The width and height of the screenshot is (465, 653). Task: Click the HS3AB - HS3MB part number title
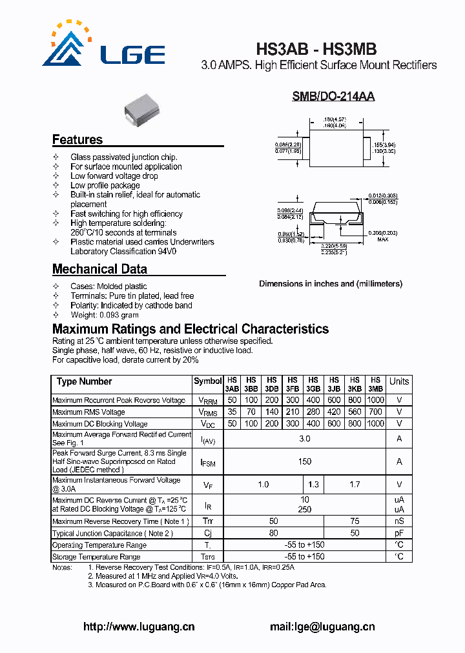(x=316, y=50)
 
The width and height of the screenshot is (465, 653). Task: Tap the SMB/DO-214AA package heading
(x=333, y=97)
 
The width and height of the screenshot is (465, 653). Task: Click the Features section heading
(x=77, y=140)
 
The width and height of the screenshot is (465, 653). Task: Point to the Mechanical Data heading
(x=99, y=269)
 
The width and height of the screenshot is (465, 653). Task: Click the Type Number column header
(x=85, y=381)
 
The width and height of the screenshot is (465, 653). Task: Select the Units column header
(x=399, y=381)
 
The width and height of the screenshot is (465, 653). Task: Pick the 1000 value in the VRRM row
(x=375, y=400)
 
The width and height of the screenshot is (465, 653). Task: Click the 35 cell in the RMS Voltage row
(x=232, y=412)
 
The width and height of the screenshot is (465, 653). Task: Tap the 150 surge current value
(x=305, y=461)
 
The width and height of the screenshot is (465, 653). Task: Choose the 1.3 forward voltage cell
(x=313, y=484)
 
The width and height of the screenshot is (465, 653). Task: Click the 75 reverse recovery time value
(x=355, y=521)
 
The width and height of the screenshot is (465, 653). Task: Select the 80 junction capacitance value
(x=274, y=533)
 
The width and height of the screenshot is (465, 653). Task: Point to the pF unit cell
(x=399, y=533)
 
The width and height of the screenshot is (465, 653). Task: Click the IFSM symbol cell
(x=208, y=462)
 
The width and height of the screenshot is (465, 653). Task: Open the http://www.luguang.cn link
(x=139, y=626)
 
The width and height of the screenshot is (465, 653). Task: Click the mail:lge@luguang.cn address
(x=322, y=626)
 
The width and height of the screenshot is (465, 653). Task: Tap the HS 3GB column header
(x=313, y=385)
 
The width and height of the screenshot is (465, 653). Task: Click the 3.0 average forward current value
(x=305, y=439)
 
